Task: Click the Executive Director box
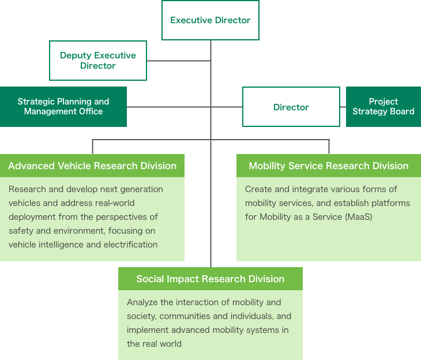coord(210,20)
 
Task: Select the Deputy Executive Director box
coord(98,61)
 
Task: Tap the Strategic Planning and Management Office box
coord(63,107)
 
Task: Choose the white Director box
coord(291,107)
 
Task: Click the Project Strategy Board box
coord(384,107)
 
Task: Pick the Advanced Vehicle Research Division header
coord(92,166)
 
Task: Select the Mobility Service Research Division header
coord(329,166)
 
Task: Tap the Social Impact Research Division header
coord(210,279)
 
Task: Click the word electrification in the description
coord(130,245)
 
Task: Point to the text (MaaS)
coord(358,217)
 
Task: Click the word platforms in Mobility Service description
coord(391,203)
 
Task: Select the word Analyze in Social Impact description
coord(142,302)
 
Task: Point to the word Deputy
coord(76,55)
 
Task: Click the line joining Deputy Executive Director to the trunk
coord(179,61)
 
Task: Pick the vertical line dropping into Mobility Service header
coord(329,147)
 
